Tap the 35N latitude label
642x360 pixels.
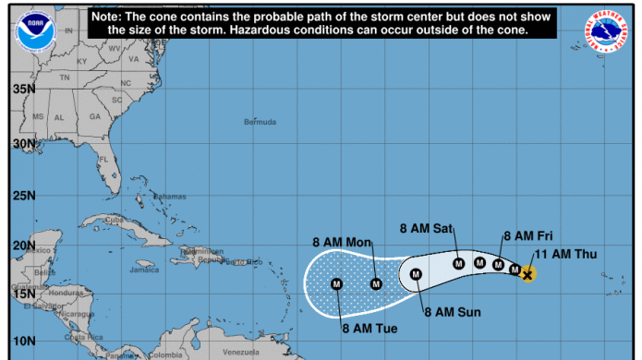click(24, 89)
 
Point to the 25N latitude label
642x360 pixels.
click(24, 196)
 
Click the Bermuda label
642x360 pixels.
click(260, 122)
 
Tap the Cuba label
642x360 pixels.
click(115, 220)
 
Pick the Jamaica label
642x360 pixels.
click(144, 270)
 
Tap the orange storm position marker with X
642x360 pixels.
click(527, 274)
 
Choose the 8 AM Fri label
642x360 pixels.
click(527, 236)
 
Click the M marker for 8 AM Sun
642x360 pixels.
click(416, 274)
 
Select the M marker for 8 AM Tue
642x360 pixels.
click(336, 283)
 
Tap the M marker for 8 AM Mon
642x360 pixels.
click(376, 283)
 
